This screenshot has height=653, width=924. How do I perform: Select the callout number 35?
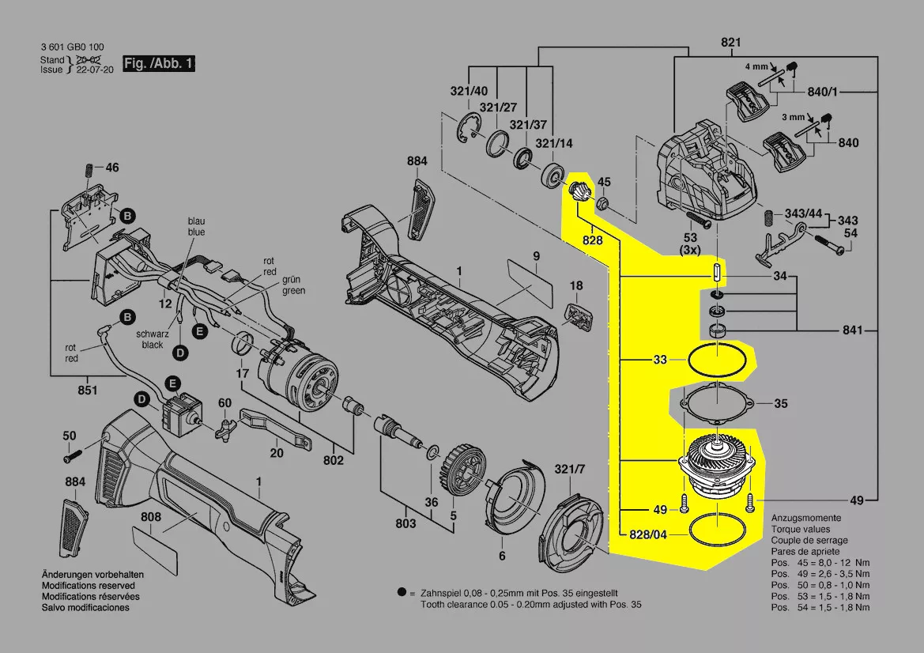tap(781, 403)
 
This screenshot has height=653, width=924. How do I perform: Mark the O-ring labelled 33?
tap(716, 360)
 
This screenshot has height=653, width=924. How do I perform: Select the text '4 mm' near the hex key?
tap(757, 67)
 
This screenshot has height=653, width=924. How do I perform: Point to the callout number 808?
tap(151, 517)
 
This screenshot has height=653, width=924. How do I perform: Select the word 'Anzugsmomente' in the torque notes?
tap(805, 517)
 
